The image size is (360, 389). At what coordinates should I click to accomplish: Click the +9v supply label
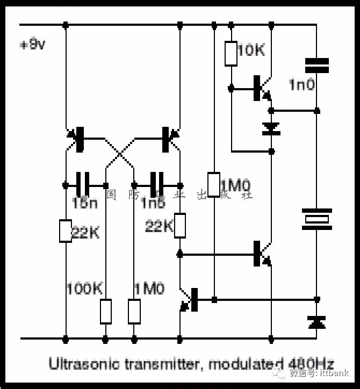[x=33, y=45]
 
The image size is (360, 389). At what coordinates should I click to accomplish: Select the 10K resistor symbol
[x=231, y=53]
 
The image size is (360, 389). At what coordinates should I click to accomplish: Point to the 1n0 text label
[x=302, y=84]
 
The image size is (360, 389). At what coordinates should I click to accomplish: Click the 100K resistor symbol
[x=106, y=311]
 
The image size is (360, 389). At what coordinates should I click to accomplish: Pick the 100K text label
[x=84, y=289]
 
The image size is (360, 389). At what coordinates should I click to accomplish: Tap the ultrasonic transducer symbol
[x=316, y=219]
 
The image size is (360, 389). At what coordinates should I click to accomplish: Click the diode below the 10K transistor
[x=271, y=129]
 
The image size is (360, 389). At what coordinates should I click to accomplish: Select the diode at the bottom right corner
[x=316, y=322]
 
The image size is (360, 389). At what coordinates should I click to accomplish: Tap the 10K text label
[x=251, y=51]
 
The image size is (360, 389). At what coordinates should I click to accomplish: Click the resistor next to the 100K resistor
[x=134, y=311]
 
